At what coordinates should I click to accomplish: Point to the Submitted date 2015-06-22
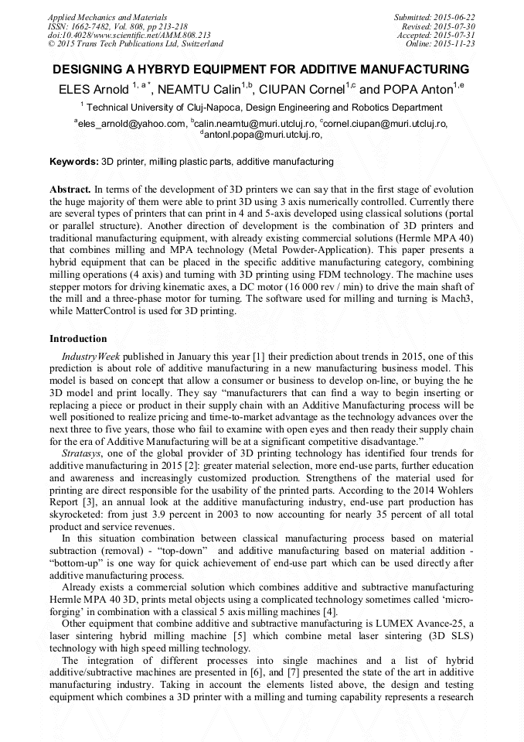coord(437,17)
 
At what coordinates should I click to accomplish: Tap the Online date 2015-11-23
coord(445,44)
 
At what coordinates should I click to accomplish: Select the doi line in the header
coord(129,36)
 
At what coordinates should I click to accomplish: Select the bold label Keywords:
coord(74,162)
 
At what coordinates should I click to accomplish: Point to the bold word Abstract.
coord(70,190)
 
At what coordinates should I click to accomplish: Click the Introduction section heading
coord(78,339)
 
